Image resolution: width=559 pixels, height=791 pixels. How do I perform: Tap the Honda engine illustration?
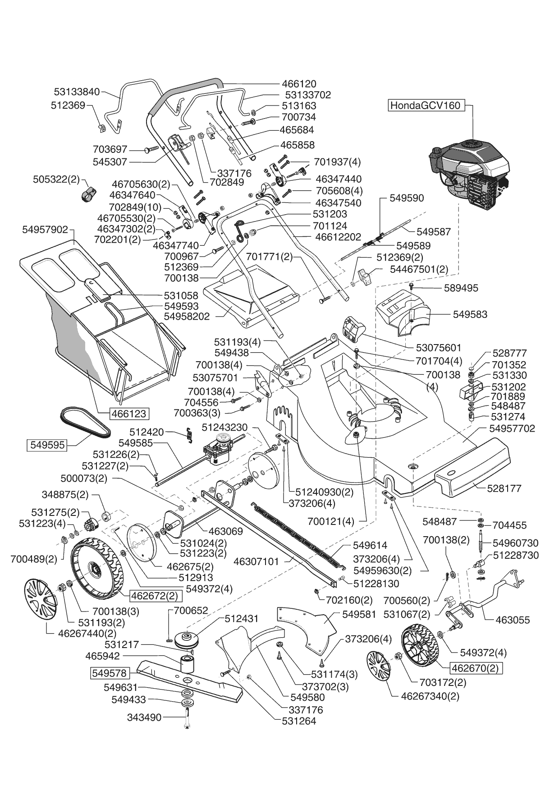469,175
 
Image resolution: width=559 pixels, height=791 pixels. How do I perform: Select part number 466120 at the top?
299,84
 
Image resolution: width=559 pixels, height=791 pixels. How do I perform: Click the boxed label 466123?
127,413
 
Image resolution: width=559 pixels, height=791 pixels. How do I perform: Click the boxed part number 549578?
110,673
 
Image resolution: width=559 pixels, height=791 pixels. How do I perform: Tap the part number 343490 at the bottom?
144,717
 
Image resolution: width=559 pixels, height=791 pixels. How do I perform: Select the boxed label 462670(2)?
477,668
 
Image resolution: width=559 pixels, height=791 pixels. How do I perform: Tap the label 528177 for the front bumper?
504,488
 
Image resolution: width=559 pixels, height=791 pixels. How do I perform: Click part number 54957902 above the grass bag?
45,230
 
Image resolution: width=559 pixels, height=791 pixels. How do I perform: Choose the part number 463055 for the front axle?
513,620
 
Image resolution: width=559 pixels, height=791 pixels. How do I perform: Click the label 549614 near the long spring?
370,545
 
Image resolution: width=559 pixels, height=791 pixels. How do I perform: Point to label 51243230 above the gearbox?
225,427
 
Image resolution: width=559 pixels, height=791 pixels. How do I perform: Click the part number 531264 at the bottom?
299,721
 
